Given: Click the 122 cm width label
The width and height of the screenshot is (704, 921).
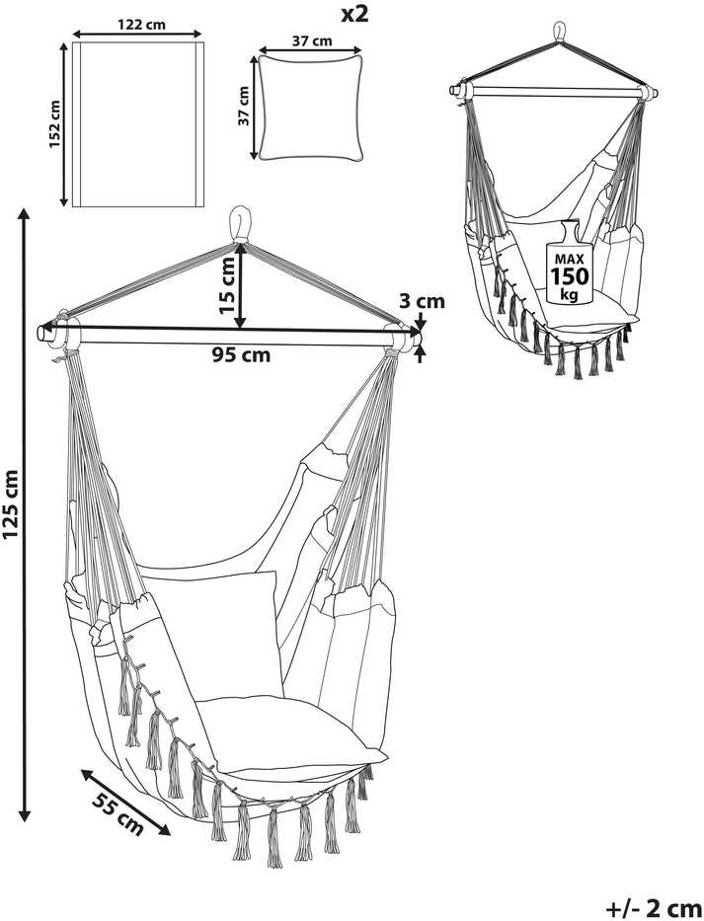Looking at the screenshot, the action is (141, 25).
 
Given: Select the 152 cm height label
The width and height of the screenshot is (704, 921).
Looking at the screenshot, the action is (54, 124).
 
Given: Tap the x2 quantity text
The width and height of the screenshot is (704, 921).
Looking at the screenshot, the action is (354, 14).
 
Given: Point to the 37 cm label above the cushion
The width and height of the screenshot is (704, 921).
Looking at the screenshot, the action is (311, 41).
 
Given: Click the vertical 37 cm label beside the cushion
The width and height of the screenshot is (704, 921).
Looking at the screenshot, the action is (243, 106).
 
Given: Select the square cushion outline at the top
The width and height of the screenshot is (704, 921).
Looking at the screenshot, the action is (310, 107).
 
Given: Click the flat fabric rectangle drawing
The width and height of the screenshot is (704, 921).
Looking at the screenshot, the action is (138, 124).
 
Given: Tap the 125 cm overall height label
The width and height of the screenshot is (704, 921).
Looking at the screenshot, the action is (11, 504).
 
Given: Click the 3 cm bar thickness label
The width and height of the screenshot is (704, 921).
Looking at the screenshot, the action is (422, 302).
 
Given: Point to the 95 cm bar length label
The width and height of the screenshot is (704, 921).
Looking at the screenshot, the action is (242, 354).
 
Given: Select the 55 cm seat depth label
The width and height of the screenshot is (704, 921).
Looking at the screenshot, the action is (117, 814).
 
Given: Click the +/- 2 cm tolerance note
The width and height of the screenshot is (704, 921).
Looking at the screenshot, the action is (654, 908).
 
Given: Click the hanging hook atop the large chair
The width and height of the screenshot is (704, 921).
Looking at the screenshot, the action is (240, 224).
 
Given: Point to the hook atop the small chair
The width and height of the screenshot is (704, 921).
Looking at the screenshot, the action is (561, 32).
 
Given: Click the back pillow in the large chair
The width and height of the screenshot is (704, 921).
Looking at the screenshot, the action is (239, 634).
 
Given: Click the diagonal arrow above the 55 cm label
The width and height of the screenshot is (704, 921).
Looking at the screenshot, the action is (125, 802).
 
